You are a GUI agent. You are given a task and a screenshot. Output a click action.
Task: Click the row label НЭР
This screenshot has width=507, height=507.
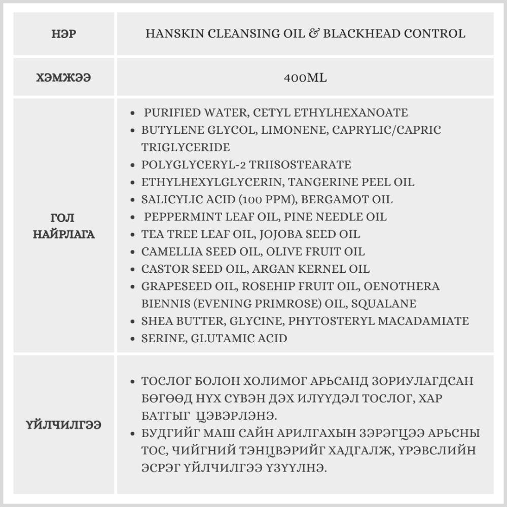coord(64,34)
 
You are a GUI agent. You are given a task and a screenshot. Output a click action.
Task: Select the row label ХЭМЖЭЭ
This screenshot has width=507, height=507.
coord(64,78)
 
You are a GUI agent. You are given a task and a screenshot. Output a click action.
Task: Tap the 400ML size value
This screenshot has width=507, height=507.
coord(306,78)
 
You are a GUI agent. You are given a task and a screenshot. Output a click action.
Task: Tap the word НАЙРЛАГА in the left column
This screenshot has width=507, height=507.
coord(64,235)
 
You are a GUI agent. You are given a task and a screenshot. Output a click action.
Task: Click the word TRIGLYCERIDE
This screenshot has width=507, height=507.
coord(186,148)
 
